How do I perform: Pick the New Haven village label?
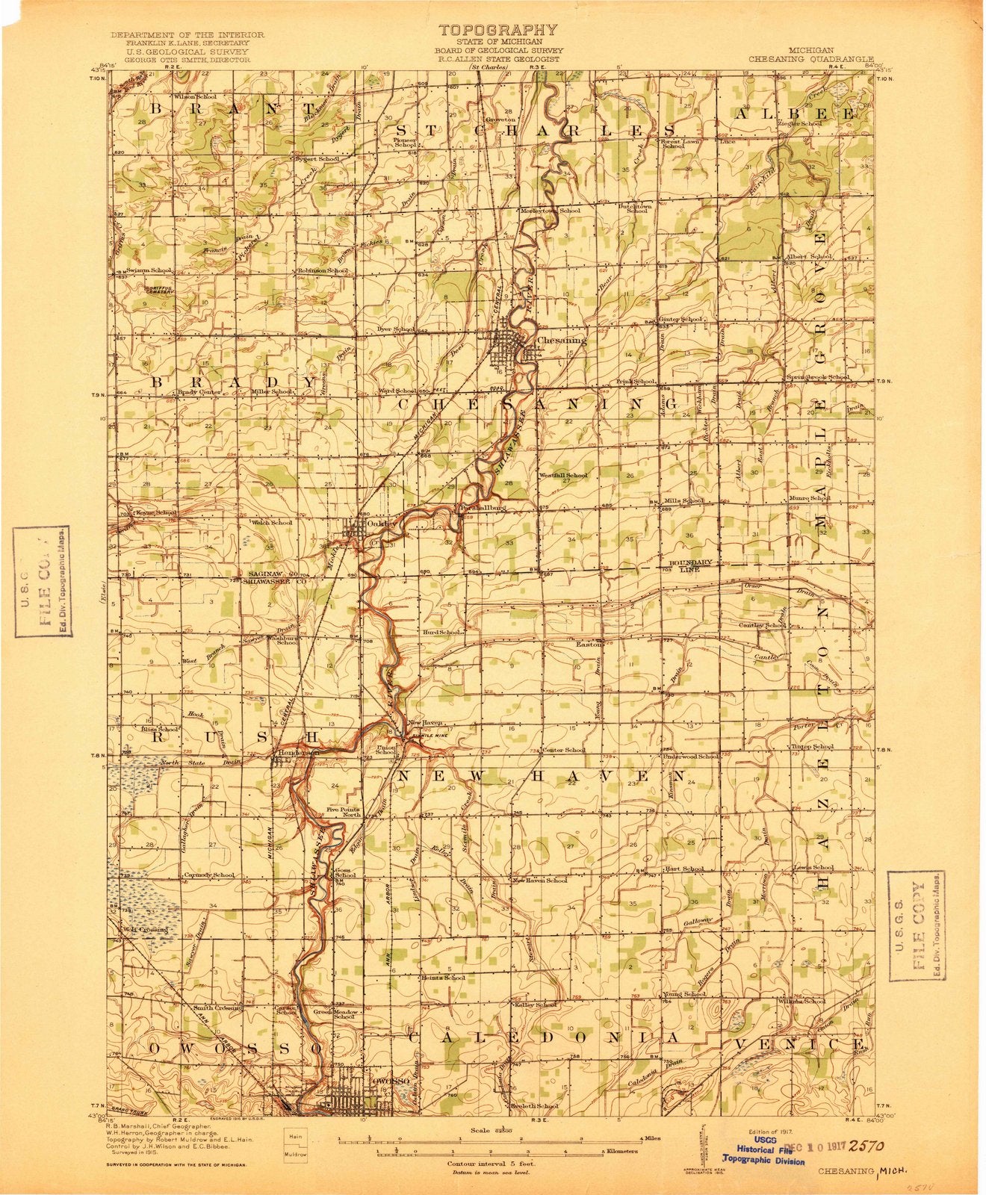point(427,723)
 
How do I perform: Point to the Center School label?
point(564,750)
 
